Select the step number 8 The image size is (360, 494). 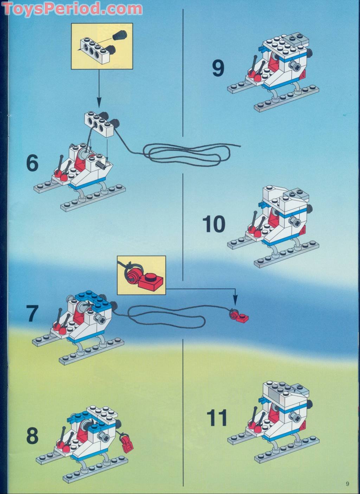32,436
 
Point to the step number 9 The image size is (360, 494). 218,68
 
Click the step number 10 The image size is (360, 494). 214,224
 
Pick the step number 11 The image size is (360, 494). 217,418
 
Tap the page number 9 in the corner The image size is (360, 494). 347,484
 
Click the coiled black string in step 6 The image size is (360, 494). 190,155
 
